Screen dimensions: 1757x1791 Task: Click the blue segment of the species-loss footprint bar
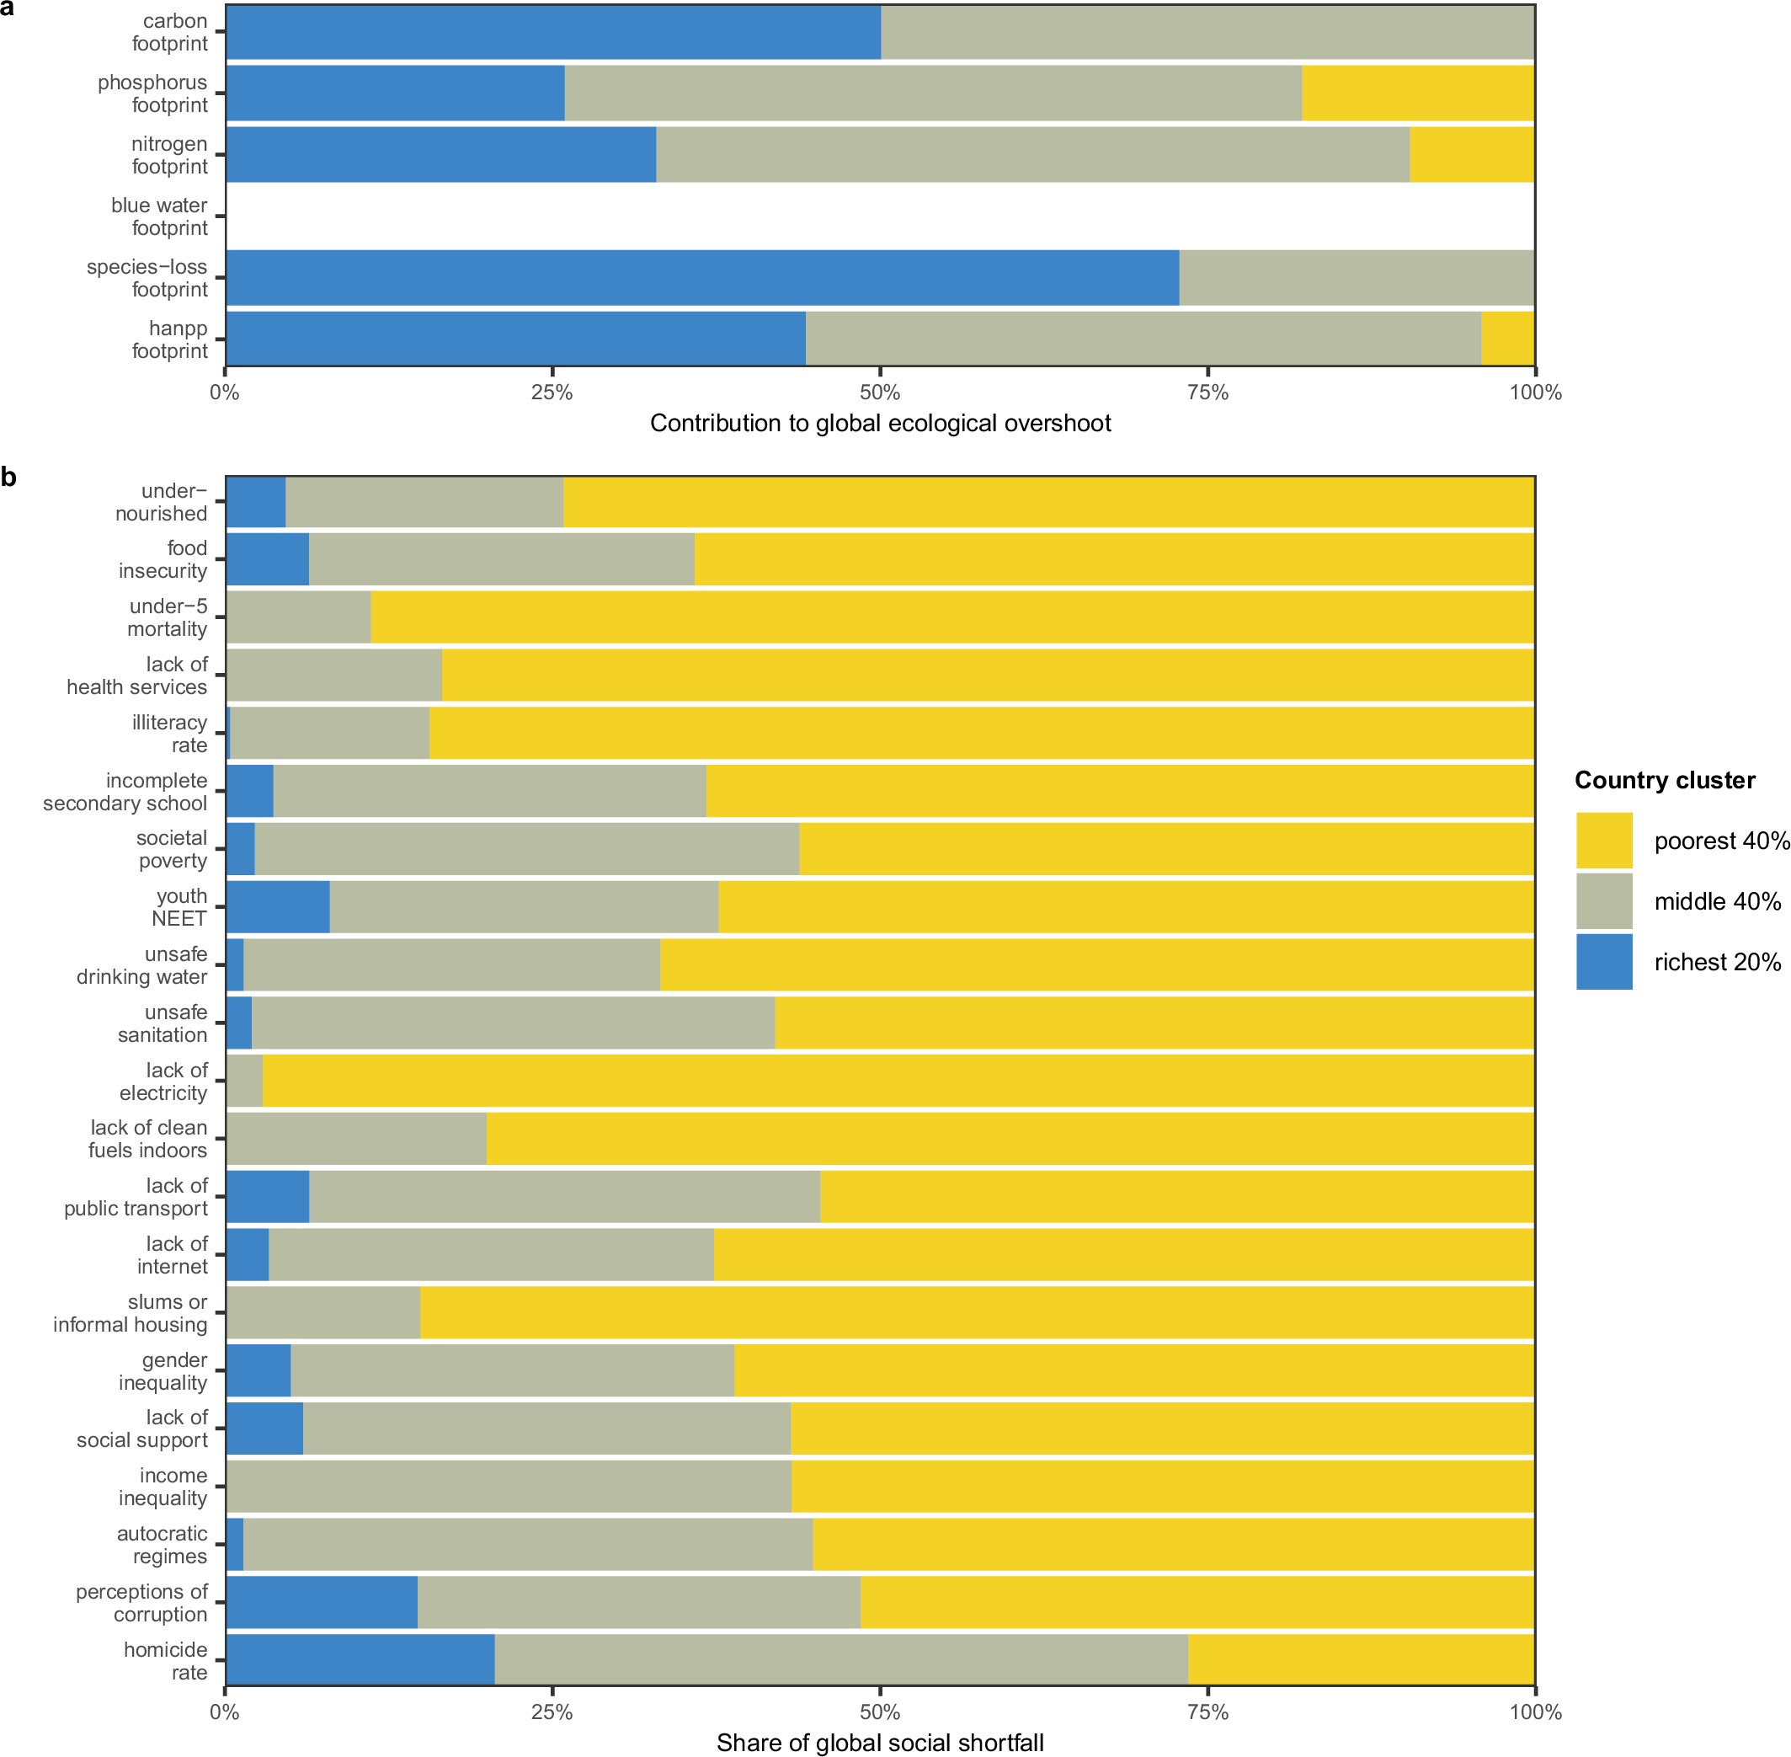tap(701, 278)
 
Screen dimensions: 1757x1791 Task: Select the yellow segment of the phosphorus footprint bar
tap(1417, 93)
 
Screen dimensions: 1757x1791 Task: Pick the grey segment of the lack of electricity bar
tap(244, 1081)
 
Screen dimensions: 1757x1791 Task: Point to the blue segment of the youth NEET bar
tap(278, 906)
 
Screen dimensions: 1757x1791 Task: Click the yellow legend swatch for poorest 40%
tap(1604, 840)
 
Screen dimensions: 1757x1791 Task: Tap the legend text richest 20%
tap(1716, 962)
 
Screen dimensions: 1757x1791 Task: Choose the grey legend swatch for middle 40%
tap(1604, 900)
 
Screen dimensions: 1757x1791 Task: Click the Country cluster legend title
tap(1664, 780)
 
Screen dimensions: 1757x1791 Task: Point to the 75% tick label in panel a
tap(1207, 393)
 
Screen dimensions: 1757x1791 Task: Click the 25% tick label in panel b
tap(552, 1712)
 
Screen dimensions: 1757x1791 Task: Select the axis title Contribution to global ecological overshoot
tap(880, 424)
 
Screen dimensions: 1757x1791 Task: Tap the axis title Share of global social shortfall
tap(880, 1742)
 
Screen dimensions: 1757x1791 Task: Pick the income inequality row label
tap(163, 1487)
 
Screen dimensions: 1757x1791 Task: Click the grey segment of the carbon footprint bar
tap(1207, 32)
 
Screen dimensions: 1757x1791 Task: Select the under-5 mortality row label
tap(167, 617)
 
